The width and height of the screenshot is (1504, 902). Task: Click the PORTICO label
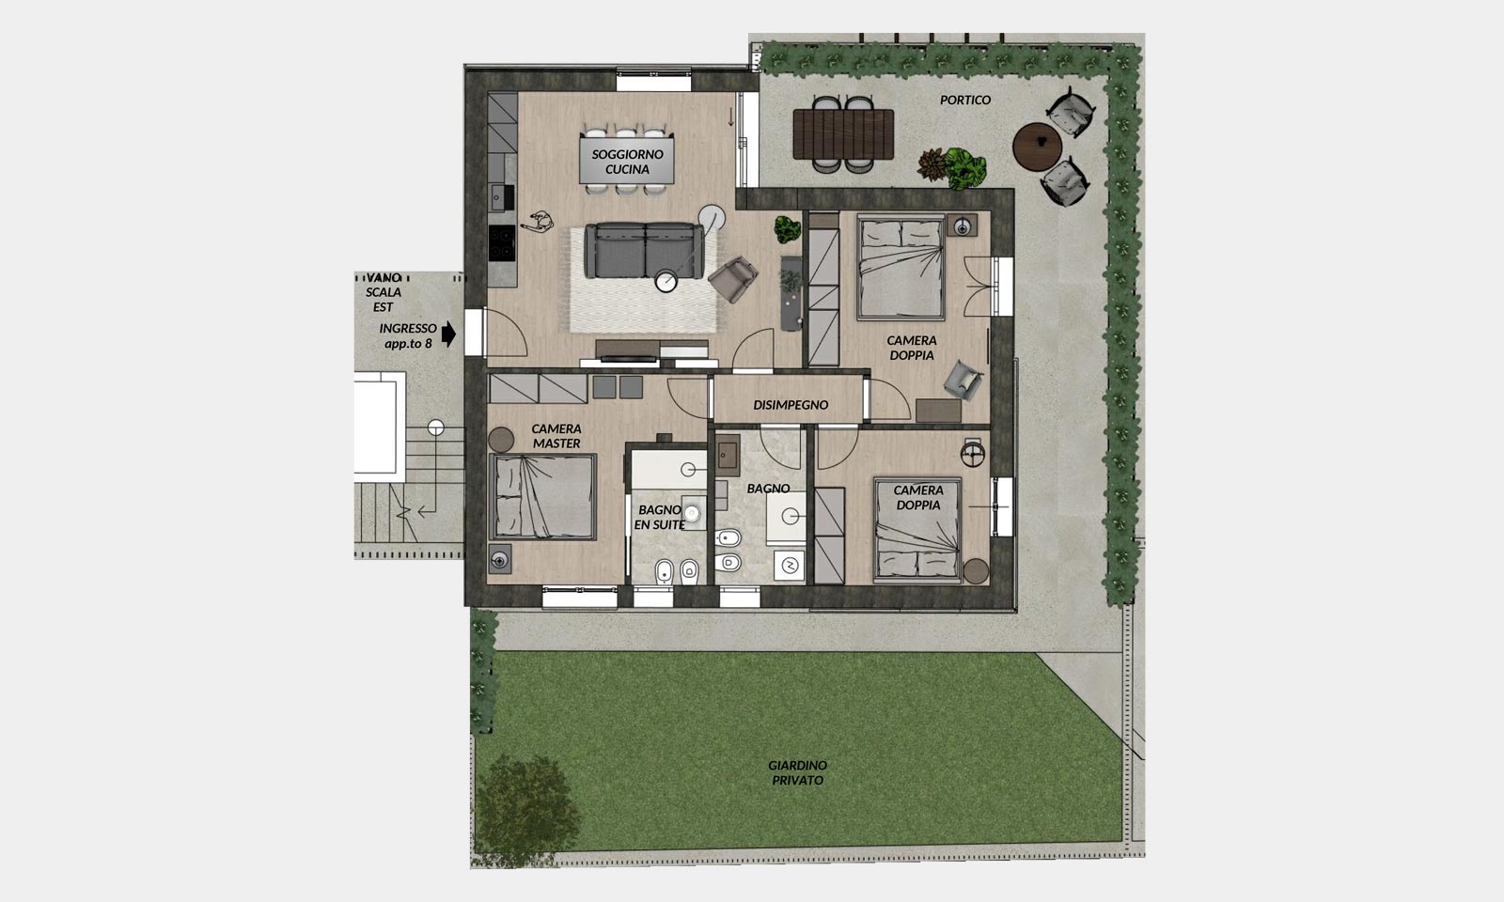tap(964, 100)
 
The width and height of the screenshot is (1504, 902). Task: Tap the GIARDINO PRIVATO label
tap(798, 772)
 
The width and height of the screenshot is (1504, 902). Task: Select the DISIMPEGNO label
tap(791, 405)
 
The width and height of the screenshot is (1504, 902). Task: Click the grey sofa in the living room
tap(645, 250)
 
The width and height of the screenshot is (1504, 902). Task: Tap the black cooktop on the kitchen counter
tap(502, 243)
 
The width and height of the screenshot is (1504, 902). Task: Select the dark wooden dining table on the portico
tap(843, 134)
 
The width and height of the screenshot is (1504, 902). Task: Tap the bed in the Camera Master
tap(543, 497)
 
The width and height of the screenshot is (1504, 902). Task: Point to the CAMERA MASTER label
tap(556, 436)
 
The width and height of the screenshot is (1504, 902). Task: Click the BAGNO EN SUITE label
tap(659, 518)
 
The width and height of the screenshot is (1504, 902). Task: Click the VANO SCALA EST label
tap(384, 292)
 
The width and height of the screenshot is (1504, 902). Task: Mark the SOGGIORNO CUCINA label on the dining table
tap(627, 162)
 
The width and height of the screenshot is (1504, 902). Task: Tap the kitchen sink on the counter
tap(500, 196)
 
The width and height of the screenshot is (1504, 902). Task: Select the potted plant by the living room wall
tap(788, 229)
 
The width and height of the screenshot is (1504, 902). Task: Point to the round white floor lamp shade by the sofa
tap(712, 217)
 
